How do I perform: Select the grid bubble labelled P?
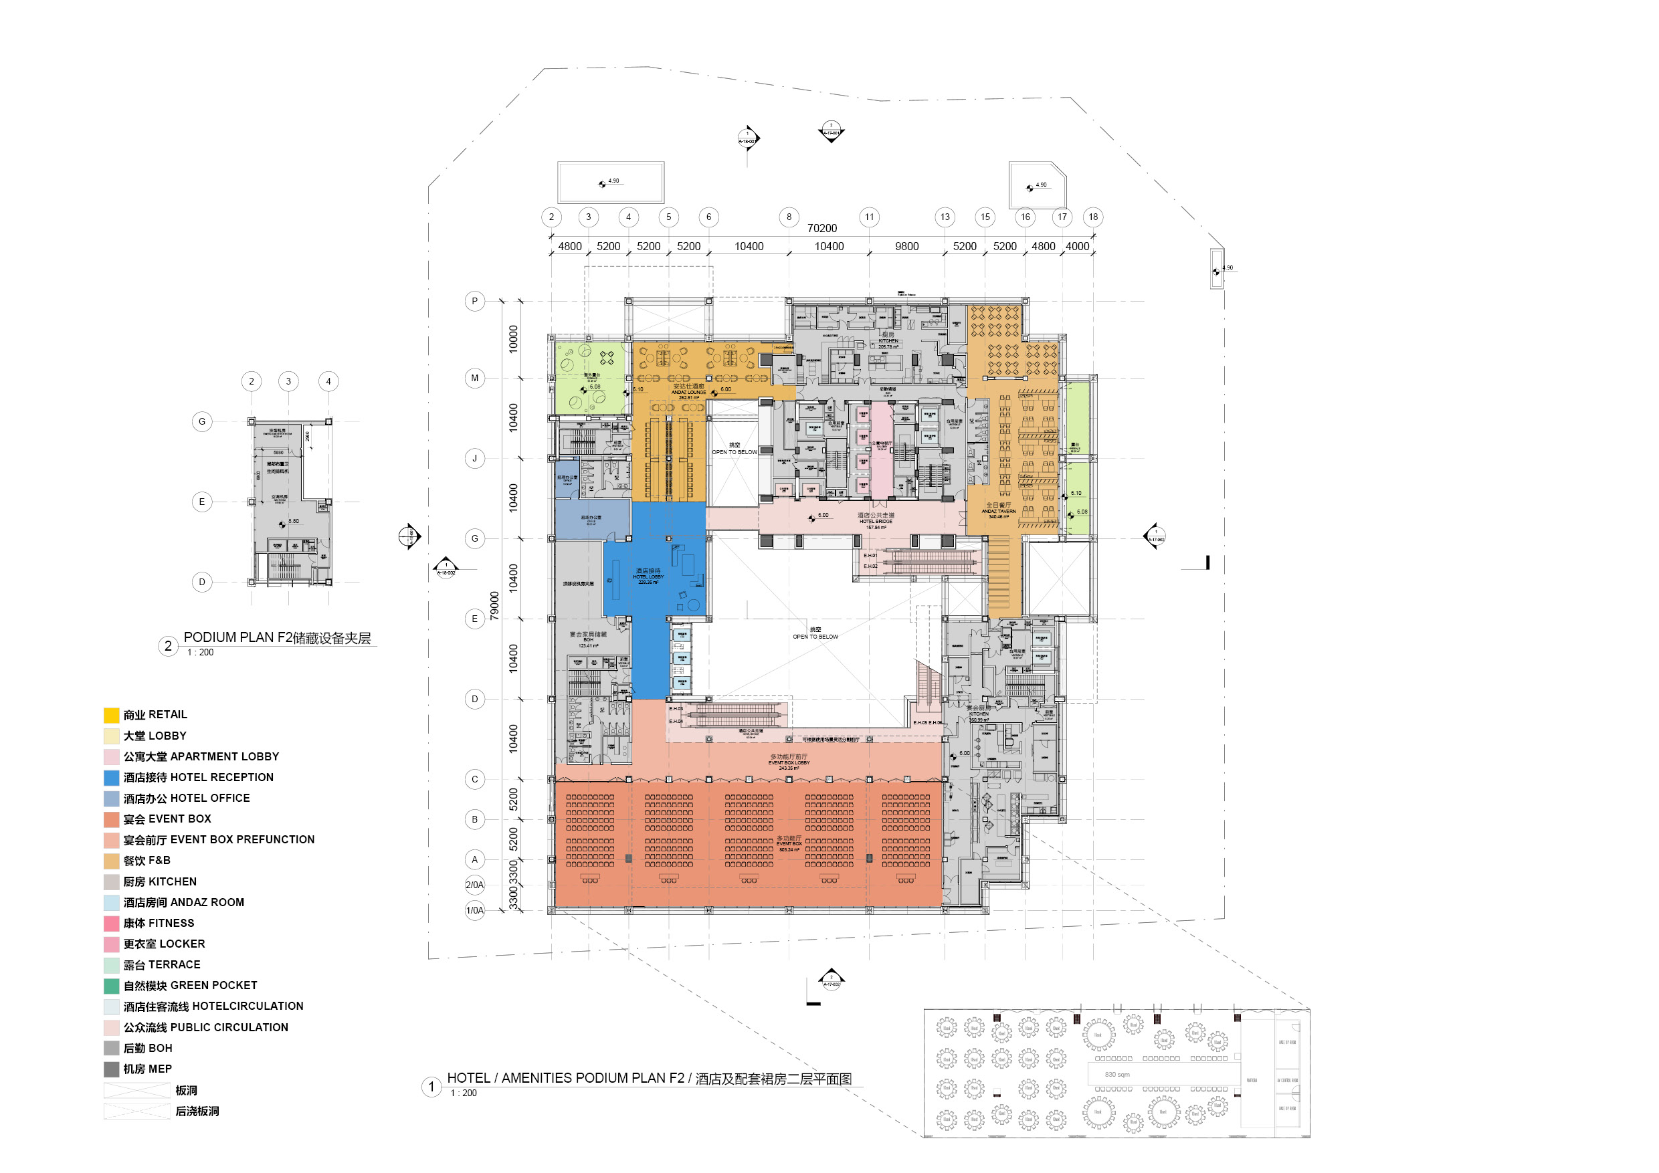(475, 301)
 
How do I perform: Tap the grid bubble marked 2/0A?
(475, 885)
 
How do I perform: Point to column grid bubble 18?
(1093, 217)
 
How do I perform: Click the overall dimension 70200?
(822, 228)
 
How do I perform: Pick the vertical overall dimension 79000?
(495, 605)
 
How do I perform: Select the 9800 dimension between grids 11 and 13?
(907, 246)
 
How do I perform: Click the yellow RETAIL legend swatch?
(111, 715)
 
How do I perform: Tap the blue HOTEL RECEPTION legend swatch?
(111, 778)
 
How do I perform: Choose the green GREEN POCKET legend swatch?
(111, 986)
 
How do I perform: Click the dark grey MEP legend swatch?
(111, 1069)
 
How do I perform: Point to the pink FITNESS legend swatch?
(111, 923)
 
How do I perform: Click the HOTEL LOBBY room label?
(648, 576)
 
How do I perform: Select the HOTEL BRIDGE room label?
(876, 521)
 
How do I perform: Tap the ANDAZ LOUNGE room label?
(688, 392)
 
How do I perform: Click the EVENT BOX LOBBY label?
(789, 763)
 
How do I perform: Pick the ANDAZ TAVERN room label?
(999, 511)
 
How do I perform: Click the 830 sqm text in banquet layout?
(1117, 1075)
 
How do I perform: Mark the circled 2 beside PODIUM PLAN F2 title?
(168, 646)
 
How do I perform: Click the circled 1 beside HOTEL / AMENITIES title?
(431, 1086)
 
